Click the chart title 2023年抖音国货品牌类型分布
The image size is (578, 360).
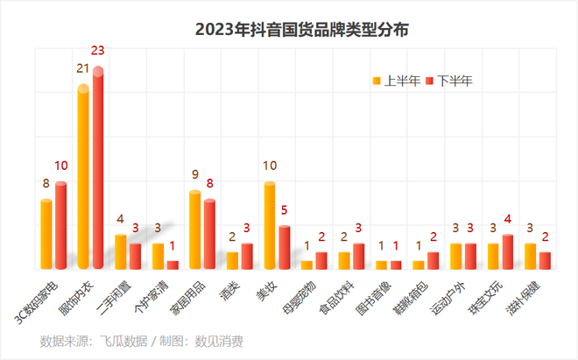point(289,30)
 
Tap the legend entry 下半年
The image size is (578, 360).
point(448,81)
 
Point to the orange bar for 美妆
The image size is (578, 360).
point(270,225)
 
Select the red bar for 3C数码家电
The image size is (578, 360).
point(60,225)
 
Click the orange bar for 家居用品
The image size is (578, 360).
point(195,229)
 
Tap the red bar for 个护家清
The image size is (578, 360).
point(173,265)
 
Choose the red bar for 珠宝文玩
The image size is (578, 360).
point(508,251)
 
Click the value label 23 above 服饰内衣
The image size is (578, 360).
point(98,50)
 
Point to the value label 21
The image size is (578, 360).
point(83,68)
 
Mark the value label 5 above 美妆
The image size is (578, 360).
point(285,210)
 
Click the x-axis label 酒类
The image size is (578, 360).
point(231,287)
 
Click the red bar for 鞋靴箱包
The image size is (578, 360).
point(433,260)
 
